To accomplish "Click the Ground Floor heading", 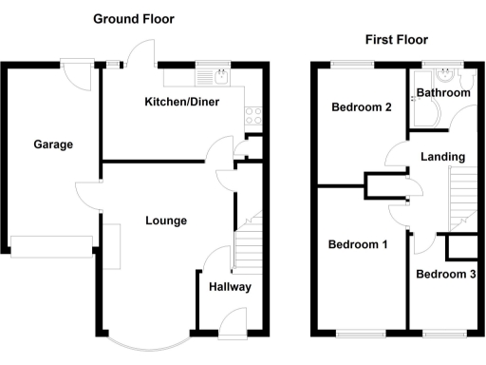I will coord(133,19).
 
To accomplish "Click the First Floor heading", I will coord(396,40).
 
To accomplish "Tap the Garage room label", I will coord(53,144).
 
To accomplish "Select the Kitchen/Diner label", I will coord(182,102).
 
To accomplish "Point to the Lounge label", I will coord(166,221).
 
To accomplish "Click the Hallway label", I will coord(229,286).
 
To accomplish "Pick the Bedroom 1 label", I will coord(358,244).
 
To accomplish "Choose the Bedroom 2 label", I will coord(362,107).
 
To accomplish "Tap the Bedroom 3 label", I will coord(445,275).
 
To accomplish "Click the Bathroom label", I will coord(443,93).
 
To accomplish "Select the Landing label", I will coord(443,157).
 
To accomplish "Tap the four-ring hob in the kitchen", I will coord(253,116).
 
